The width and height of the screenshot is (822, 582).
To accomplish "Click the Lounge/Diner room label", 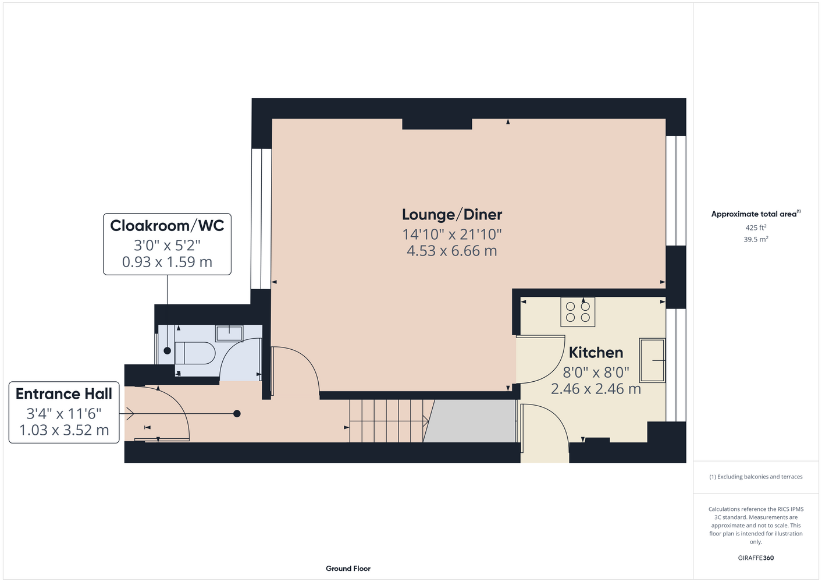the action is (x=452, y=215).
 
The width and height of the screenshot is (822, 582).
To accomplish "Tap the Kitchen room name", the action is (x=596, y=353).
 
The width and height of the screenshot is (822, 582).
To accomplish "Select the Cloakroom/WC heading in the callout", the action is (x=167, y=225).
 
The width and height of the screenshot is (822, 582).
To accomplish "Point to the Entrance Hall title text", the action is (x=64, y=393).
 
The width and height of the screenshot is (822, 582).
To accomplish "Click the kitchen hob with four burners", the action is (x=578, y=312).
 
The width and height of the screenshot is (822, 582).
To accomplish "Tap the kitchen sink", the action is (x=652, y=360).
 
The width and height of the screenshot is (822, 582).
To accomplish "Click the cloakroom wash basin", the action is (x=229, y=333).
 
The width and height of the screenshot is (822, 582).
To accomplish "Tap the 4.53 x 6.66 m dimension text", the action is (x=452, y=251).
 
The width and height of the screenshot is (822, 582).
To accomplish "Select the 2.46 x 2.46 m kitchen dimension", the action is (x=596, y=389).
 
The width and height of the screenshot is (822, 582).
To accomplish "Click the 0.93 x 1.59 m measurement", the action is (x=167, y=262).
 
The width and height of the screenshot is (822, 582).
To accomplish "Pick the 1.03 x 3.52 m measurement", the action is (x=64, y=430).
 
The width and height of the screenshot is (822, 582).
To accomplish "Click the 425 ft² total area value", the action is (x=756, y=228).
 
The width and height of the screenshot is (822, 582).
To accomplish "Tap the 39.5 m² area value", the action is (x=756, y=239).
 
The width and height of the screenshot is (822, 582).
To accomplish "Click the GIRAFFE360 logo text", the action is (x=756, y=558).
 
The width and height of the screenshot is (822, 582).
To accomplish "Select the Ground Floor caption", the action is (x=348, y=569).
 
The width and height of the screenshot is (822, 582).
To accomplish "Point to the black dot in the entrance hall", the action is (x=237, y=414).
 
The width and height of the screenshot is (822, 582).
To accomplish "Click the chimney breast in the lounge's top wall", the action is (x=437, y=124).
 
